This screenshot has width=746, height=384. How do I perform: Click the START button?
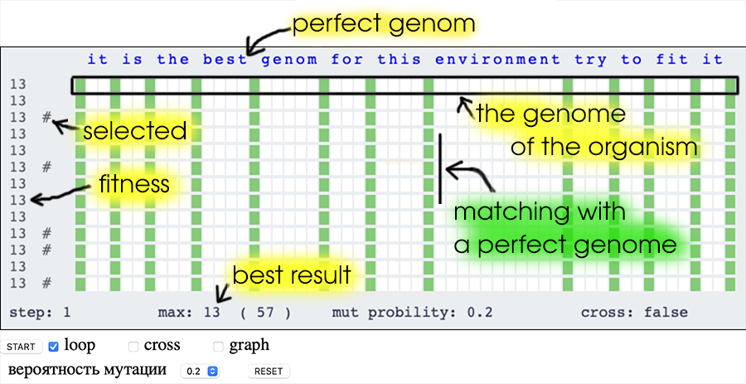point(22,347)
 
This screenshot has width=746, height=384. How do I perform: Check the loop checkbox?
point(54,347)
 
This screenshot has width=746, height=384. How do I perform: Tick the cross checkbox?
point(134,347)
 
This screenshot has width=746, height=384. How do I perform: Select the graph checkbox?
point(218,347)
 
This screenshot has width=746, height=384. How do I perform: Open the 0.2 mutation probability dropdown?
point(200,372)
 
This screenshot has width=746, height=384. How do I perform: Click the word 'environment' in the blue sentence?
point(497,60)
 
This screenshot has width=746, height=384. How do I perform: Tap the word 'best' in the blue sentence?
point(225,60)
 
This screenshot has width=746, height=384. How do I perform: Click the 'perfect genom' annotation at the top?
point(384,25)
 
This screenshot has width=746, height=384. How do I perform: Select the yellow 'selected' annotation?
point(135,131)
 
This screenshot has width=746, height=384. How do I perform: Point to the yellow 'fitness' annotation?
point(134,183)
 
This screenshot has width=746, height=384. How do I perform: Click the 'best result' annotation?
point(291,275)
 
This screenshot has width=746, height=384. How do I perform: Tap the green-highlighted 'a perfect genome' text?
point(564,245)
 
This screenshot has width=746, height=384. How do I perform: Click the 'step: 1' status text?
point(40,313)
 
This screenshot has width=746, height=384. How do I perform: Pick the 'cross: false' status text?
point(634,313)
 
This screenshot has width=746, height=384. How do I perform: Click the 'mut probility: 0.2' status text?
point(412,313)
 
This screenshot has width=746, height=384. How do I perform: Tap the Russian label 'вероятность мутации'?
point(88,370)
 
